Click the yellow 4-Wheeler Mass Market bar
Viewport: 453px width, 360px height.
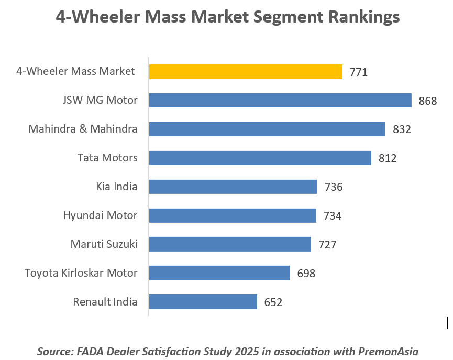(x=246, y=72)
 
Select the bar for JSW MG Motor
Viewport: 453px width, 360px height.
(x=280, y=101)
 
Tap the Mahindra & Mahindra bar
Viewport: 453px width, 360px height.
(x=267, y=129)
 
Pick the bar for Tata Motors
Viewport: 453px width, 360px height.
(x=260, y=158)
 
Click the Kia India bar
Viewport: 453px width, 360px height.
(x=233, y=187)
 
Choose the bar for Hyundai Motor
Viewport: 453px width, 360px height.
(x=233, y=215)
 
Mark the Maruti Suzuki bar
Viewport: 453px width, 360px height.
(x=230, y=244)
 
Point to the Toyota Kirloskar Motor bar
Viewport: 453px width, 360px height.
(x=219, y=273)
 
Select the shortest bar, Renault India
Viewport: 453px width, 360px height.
(x=203, y=302)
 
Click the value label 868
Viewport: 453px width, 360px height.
(x=428, y=101)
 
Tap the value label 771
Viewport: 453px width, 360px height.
(x=359, y=72)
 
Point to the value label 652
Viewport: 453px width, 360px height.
(x=273, y=302)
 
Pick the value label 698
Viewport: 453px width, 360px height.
(x=306, y=274)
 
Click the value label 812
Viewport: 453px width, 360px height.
(x=388, y=158)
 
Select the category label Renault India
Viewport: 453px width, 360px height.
(x=105, y=302)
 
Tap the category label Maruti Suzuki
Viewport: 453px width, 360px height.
(x=104, y=244)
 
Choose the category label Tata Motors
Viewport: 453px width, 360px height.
(x=107, y=158)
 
